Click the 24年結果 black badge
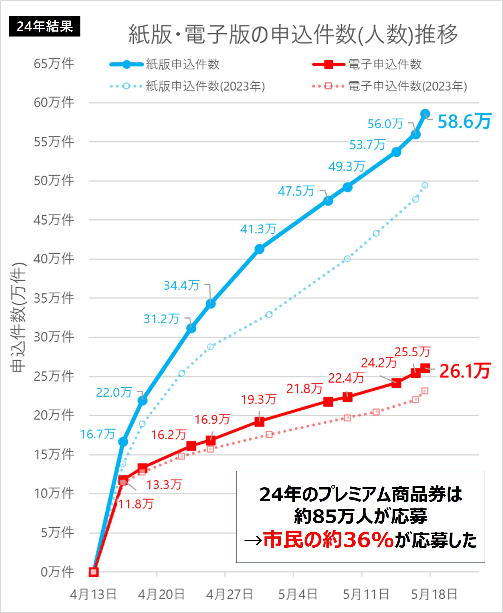click(45, 26)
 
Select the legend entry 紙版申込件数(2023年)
click(205, 86)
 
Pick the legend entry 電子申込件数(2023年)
click(407, 86)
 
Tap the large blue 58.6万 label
click(464, 121)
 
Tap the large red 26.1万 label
click(465, 371)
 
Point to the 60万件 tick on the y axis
click(54, 103)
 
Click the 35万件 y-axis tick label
click(54, 298)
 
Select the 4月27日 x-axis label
click(229, 594)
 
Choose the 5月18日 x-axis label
click(434, 594)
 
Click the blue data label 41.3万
click(258, 229)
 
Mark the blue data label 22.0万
click(114, 393)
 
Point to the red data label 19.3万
click(259, 399)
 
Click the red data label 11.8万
click(136, 504)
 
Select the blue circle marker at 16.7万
click(123, 442)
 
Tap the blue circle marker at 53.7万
click(396, 152)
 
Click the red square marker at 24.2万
click(396, 383)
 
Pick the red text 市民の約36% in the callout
click(328, 540)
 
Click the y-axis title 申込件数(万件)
click(18, 317)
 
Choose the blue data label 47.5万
click(296, 191)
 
